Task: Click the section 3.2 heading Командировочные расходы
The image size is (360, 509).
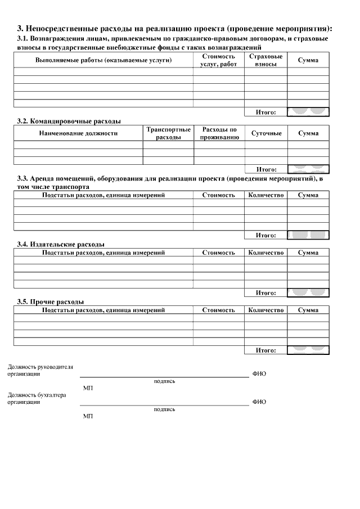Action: point(69,121)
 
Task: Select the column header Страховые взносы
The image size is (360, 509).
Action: point(265,61)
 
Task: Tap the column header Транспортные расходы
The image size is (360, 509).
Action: point(168,133)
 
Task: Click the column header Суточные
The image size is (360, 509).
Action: point(266,133)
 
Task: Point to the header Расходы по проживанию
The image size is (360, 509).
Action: point(219,133)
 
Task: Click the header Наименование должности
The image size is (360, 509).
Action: point(78,133)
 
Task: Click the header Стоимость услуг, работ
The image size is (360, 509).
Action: point(218,61)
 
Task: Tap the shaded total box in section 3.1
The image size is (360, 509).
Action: point(308,112)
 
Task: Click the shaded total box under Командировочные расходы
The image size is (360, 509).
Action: point(308,169)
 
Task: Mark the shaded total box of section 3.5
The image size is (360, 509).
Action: point(308,350)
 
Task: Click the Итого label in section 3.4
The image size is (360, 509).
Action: point(265,292)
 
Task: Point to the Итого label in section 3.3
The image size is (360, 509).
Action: point(265,235)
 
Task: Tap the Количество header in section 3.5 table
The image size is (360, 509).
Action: point(265,310)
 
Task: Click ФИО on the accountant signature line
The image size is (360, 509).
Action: point(259,402)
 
